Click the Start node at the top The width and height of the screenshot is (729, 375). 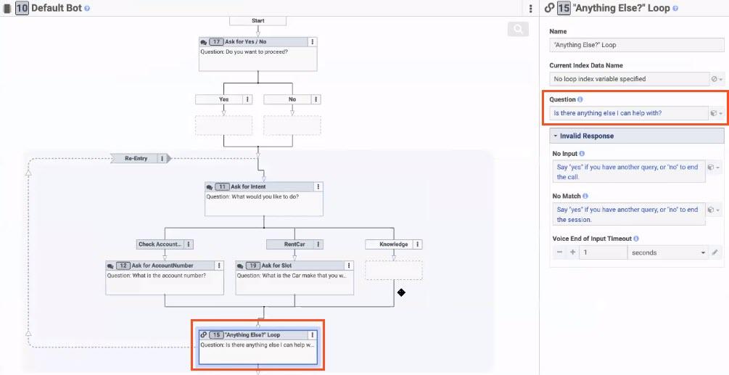pyautogui.click(x=258, y=20)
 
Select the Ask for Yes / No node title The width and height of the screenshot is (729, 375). pyautogui.click(x=245, y=42)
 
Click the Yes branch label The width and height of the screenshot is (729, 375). pyautogui.click(x=223, y=99)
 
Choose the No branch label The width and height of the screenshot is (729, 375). pyautogui.click(x=292, y=99)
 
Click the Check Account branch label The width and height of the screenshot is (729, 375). pyautogui.click(x=160, y=244)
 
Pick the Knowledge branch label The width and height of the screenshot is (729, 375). pyautogui.click(x=393, y=244)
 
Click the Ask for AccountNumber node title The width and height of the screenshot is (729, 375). pyautogui.click(x=162, y=265)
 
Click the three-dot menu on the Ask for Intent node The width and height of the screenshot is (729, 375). pyautogui.click(x=318, y=187)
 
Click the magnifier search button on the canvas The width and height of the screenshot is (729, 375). pyautogui.click(x=518, y=29)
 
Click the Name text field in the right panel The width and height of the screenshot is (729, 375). pyautogui.click(x=635, y=45)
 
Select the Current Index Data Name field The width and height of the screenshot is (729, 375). pyautogui.click(x=628, y=78)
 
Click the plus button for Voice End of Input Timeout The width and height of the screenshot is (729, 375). pyautogui.click(x=572, y=252)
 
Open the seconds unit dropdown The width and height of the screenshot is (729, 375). pyautogui.click(x=667, y=252)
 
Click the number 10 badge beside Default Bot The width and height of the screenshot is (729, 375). pyautogui.click(x=22, y=9)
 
